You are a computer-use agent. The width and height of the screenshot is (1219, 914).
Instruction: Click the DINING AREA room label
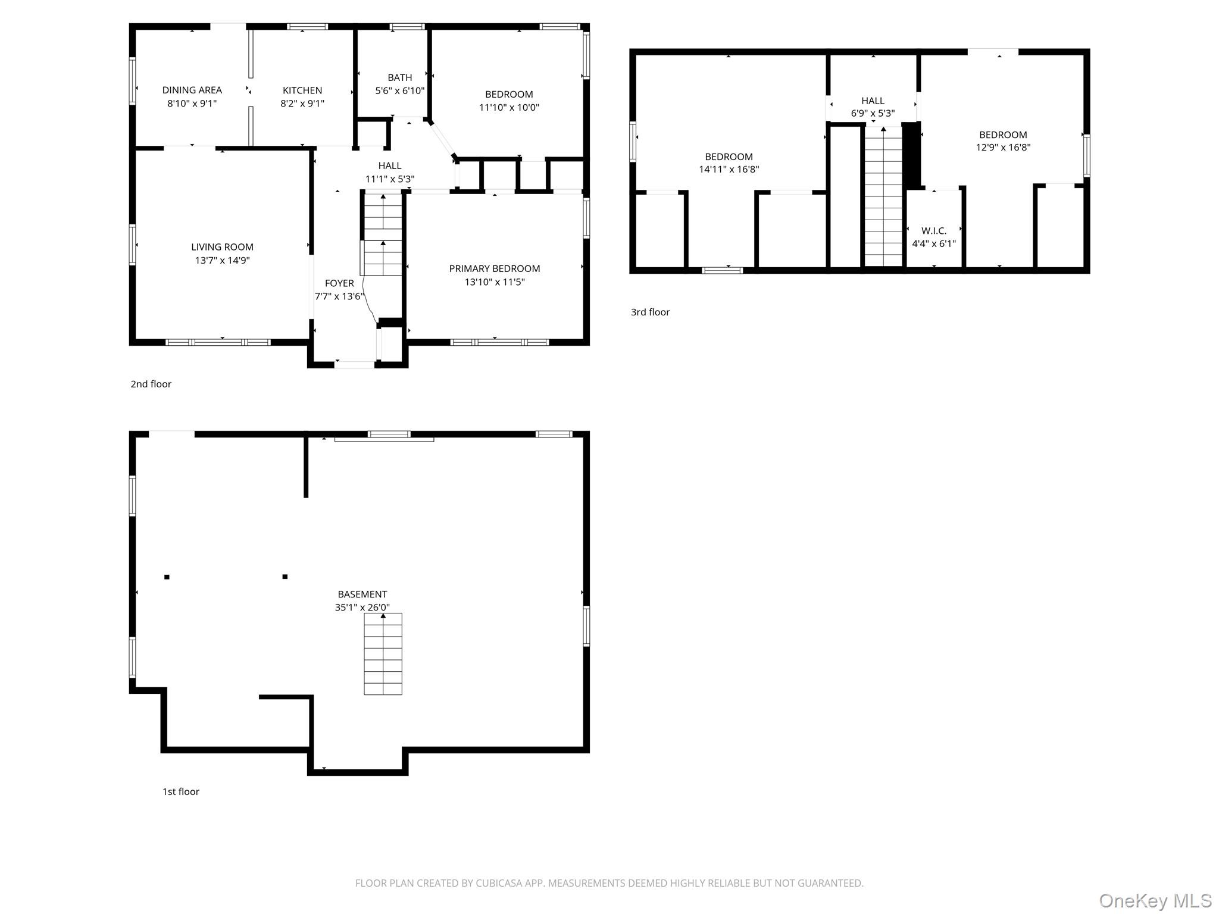point(192,90)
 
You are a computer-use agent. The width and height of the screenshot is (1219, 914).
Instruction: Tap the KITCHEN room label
point(302,90)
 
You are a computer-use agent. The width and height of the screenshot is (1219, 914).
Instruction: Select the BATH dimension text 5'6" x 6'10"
point(400,91)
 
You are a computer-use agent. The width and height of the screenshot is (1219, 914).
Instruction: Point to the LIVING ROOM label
point(222,247)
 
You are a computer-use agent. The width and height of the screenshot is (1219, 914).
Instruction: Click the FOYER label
point(339,283)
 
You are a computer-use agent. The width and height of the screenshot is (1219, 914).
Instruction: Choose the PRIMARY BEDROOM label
point(495,269)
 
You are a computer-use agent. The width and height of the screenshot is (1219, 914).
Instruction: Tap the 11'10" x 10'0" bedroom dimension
point(509,108)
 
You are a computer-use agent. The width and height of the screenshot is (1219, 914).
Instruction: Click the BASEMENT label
point(362,594)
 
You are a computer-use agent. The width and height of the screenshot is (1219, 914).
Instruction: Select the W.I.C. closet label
point(934,231)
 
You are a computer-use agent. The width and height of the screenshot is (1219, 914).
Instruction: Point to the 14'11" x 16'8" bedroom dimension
point(729,170)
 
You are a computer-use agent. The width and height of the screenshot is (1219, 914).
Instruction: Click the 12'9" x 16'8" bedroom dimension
point(1003,148)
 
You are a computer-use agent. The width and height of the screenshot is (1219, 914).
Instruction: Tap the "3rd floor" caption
point(650,312)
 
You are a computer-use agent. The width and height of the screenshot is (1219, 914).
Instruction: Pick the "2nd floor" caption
point(151,384)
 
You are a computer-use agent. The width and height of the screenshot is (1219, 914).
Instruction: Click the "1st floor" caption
point(181,792)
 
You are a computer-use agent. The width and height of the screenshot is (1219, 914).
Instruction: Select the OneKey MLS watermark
point(1155,901)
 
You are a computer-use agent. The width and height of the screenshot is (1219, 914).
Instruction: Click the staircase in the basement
point(383,654)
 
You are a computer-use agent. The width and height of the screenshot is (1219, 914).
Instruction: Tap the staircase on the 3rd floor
point(883,196)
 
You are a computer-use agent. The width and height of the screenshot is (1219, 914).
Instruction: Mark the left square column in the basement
point(167,577)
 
